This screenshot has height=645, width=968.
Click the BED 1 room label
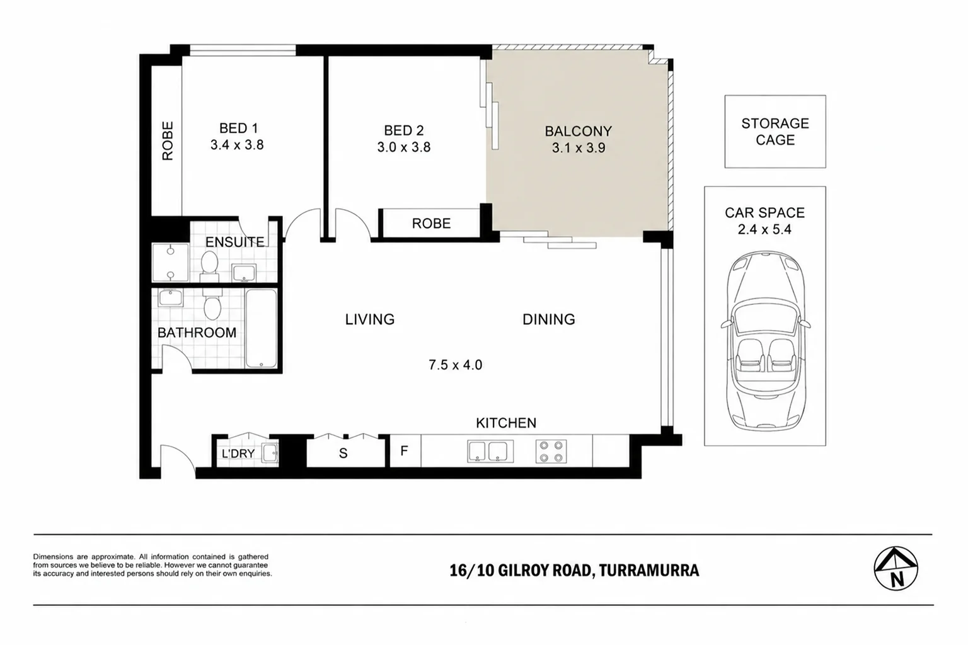[238, 128]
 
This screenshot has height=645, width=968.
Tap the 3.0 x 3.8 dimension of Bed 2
[403, 147]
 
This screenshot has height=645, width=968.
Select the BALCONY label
[578, 131]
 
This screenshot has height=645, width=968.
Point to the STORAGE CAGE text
[775, 132]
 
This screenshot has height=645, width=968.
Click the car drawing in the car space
[765, 341]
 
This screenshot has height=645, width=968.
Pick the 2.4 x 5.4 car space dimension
[764, 229]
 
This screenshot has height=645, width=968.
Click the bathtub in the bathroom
[261, 328]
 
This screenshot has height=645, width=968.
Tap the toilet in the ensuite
[210, 266]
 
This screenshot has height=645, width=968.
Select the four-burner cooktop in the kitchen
[551, 452]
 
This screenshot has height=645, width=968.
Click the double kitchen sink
[490, 452]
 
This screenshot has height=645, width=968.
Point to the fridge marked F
[405, 451]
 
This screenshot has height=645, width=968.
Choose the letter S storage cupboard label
[343, 453]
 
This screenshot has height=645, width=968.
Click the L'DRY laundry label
[238, 454]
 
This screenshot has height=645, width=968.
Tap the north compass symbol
[896, 569]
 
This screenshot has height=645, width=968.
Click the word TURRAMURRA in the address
[649, 571]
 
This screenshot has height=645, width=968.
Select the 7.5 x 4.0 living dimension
[455, 365]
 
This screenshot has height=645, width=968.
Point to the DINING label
[548, 319]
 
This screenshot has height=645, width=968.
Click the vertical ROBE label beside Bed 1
[167, 141]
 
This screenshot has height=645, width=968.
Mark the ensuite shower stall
[171, 263]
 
